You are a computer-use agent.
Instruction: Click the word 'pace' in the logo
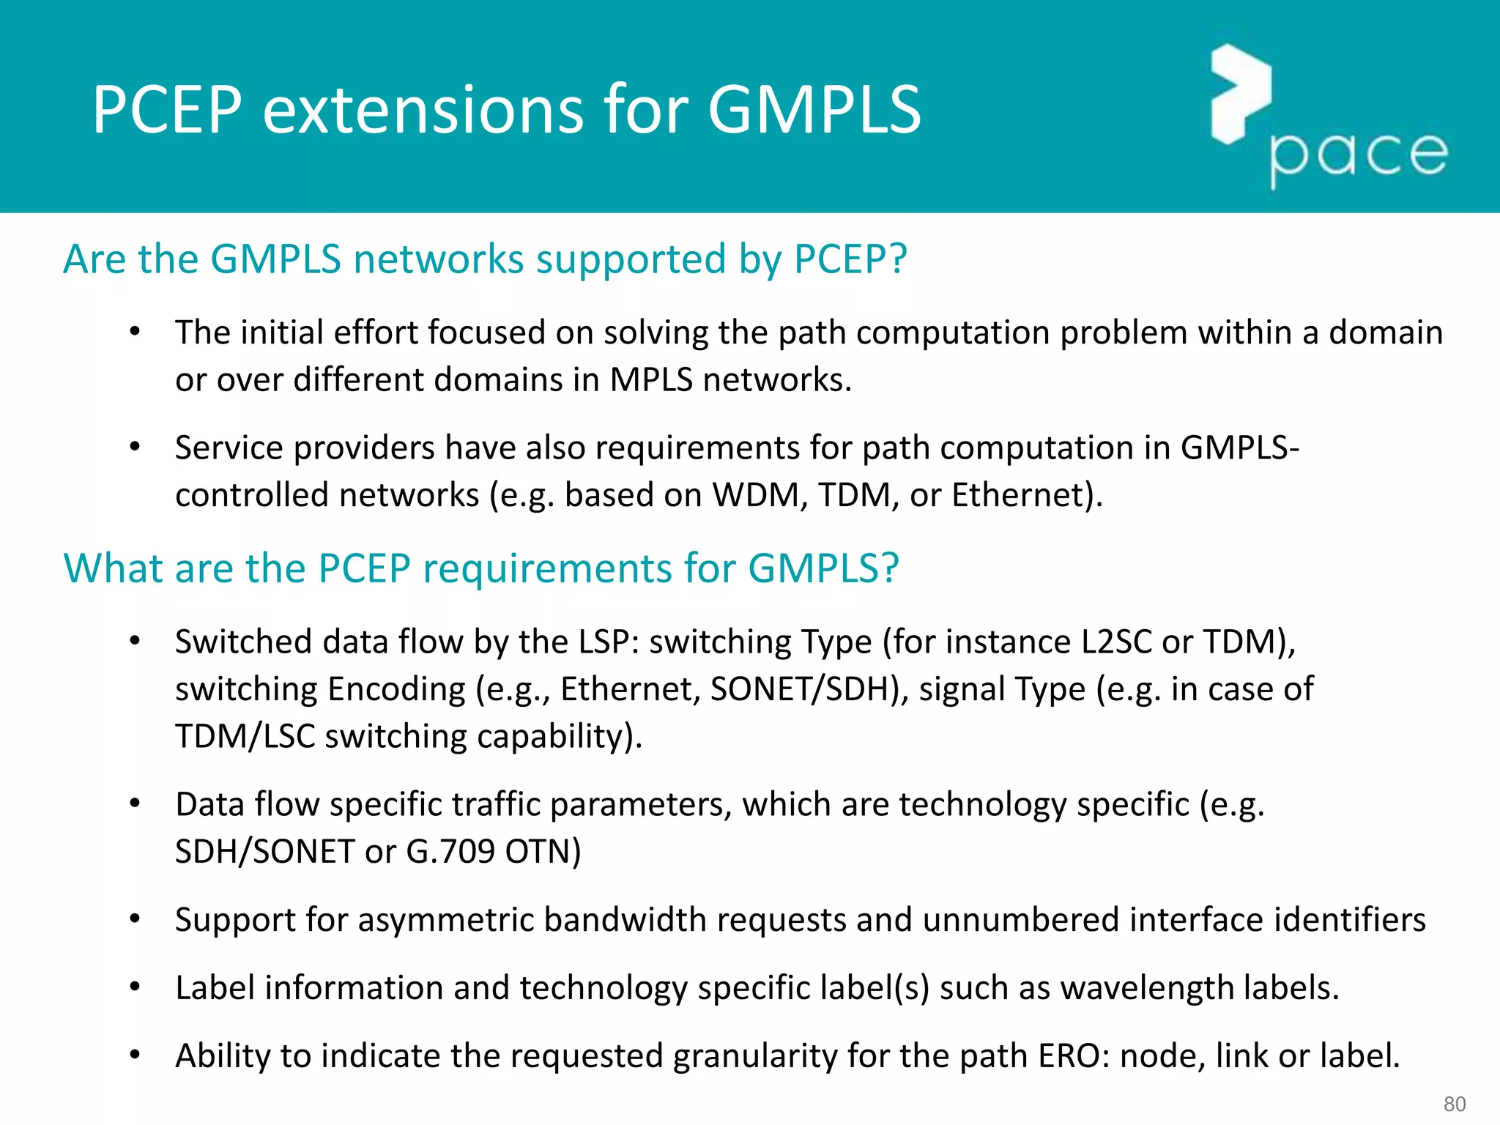(x=1359, y=155)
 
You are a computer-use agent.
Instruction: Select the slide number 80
(x=1454, y=1104)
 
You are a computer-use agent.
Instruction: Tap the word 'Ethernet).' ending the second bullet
(x=1027, y=495)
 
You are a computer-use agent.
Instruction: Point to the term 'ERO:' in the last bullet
(x=1074, y=1056)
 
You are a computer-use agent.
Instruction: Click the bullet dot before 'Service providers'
(x=135, y=447)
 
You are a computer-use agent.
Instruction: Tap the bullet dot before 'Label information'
(x=135, y=987)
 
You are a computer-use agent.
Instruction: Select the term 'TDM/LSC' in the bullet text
(x=245, y=737)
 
